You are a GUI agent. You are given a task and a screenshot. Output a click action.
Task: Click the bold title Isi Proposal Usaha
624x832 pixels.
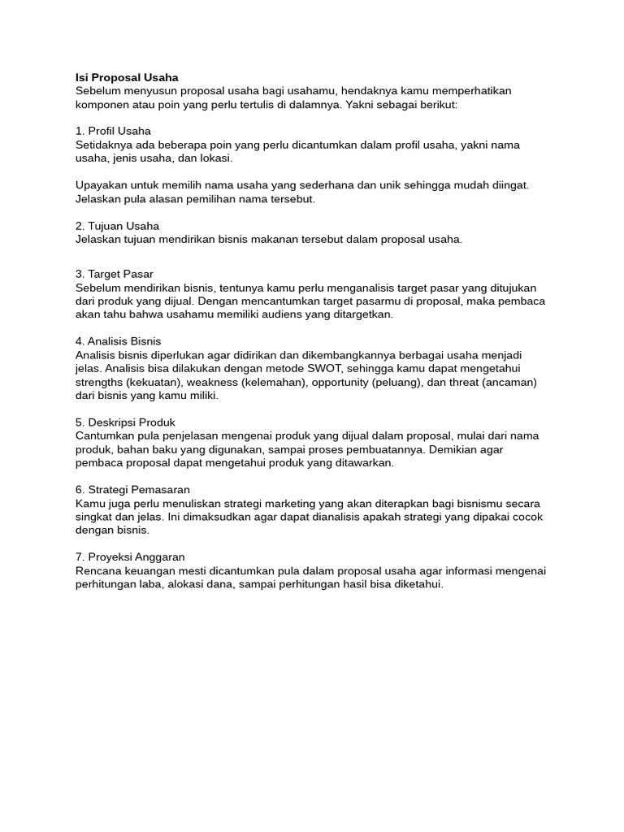pyautogui.click(x=127, y=77)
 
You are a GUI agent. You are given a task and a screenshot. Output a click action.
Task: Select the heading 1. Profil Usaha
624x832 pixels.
pyautogui.click(x=113, y=131)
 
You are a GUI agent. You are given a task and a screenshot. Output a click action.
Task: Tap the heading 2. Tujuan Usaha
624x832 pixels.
pyautogui.click(x=117, y=226)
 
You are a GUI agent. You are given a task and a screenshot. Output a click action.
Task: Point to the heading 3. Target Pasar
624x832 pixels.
pyautogui.click(x=114, y=274)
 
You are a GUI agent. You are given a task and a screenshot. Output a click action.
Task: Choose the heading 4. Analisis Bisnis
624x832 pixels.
pyautogui.click(x=118, y=341)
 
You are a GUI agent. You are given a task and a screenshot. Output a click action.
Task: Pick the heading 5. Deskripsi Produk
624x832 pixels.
pyautogui.click(x=125, y=422)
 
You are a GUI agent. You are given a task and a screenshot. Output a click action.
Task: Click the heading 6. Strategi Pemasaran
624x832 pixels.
pyautogui.click(x=132, y=490)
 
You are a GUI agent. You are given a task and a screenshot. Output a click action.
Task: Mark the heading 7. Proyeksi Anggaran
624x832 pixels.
pyautogui.click(x=130, y=557)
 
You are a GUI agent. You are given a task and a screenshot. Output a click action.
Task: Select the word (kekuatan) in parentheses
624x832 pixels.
pyautogui.click(x=154, y=382)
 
